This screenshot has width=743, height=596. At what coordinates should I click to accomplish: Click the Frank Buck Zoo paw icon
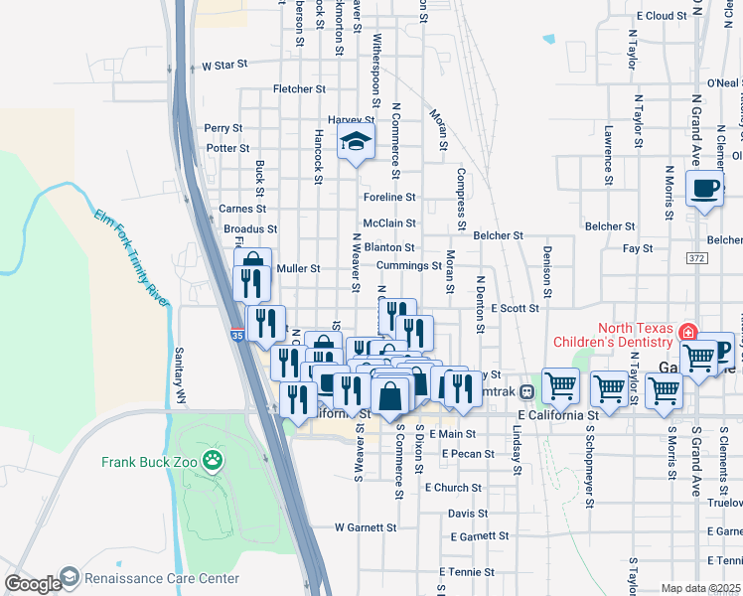click(x=211, y=460)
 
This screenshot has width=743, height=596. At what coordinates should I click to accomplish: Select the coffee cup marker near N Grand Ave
click(x=704, y=188)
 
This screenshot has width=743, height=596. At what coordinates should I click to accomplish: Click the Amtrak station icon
click(x=526, y=390)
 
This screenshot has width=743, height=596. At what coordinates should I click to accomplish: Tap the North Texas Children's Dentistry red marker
click(x=687, y=331)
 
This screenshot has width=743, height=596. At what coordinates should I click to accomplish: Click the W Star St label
click(x=223, y=66)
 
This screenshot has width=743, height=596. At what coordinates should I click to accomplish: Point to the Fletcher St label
click(x=299, y=89)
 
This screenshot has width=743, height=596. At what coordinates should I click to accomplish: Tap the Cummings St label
click(x=409, y=266)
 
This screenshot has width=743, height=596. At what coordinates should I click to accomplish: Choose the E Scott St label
click(x=514, y=308)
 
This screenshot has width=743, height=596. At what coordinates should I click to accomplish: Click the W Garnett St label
click(x=366, y=527)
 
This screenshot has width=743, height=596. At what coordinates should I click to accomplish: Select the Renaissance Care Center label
click(x=161, y=578)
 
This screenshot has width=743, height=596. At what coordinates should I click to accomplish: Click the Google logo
click(x=32, y=583)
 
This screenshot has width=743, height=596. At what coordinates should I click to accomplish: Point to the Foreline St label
click(x=388, y=198)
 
